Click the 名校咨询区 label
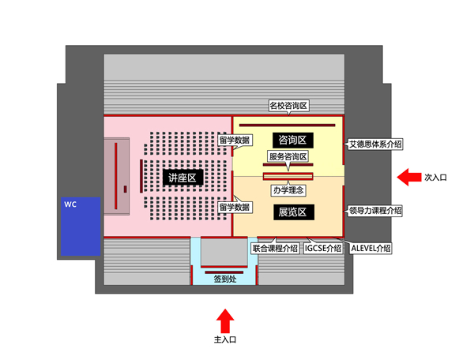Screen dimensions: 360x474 point(288,105)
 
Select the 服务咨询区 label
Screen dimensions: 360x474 point(288,157)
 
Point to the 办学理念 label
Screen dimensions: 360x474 point(288,190)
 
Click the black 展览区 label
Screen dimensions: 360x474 point(292,212)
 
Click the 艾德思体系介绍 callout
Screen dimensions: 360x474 point(375,144)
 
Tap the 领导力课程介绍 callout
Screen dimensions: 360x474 point(375,211)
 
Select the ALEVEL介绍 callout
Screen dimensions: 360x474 point(371,248)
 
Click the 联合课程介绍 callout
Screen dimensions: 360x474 point(275,248)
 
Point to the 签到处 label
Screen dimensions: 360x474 point(225,279)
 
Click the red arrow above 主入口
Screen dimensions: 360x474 point(225,321)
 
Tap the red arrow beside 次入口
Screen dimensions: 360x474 point(408,177)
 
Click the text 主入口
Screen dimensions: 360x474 point(225,339)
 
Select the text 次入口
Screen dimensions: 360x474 point(435,178)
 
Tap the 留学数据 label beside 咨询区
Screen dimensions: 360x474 point(235,141)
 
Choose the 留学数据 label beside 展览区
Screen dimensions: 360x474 point(235,207)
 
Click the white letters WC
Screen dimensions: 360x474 point(70,205)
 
